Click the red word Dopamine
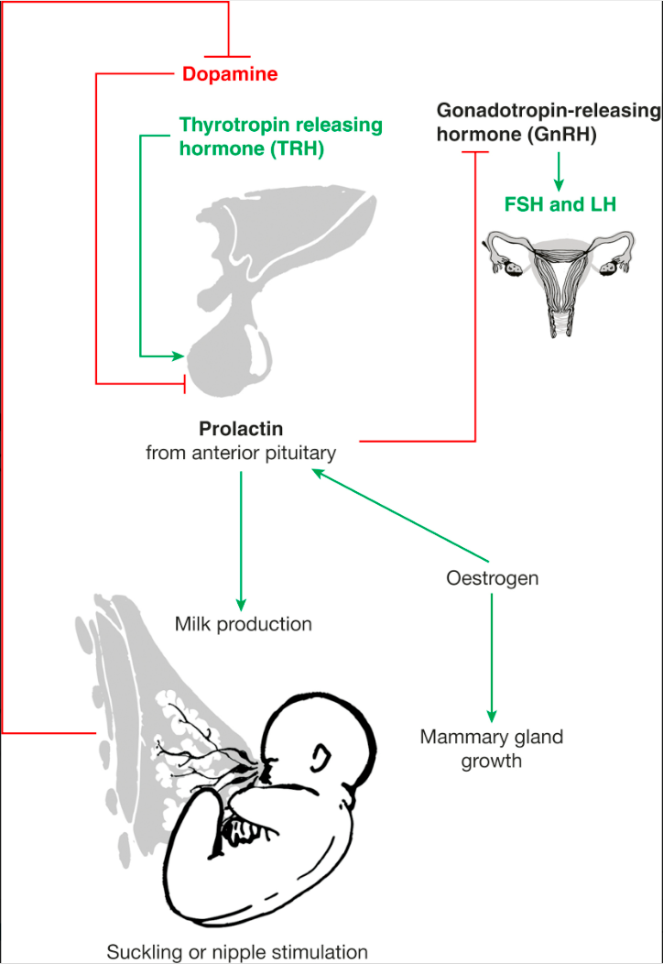pyautogui.click(x=230, y=74)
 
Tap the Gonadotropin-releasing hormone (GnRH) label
pyautogui.click(x=548, y=123)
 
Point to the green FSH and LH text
pyautogui.click(x=560, y=205)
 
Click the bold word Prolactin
pyautogui.click(x=241, y=429)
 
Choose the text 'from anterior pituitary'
pyautogui.click(x=241, y=452)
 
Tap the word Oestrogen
pyautogui.click(x=492, y=578)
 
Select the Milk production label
pyautogui.click(x=243, y=624)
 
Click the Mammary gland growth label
pyautogui.click(x=491, y=748)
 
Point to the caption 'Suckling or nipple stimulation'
pyautogui.click(x=237, y=950)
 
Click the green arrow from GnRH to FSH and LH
pyautogui.click(x=560, y=169)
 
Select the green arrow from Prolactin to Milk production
pyautogui.click(x=242, y=541)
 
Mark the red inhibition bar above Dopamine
pyautogui.click(x=227, y=56)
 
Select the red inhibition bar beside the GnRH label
pyautogui.click(x=475, y=153)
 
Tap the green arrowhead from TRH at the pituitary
pyautogui.click(x=179, y=356)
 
